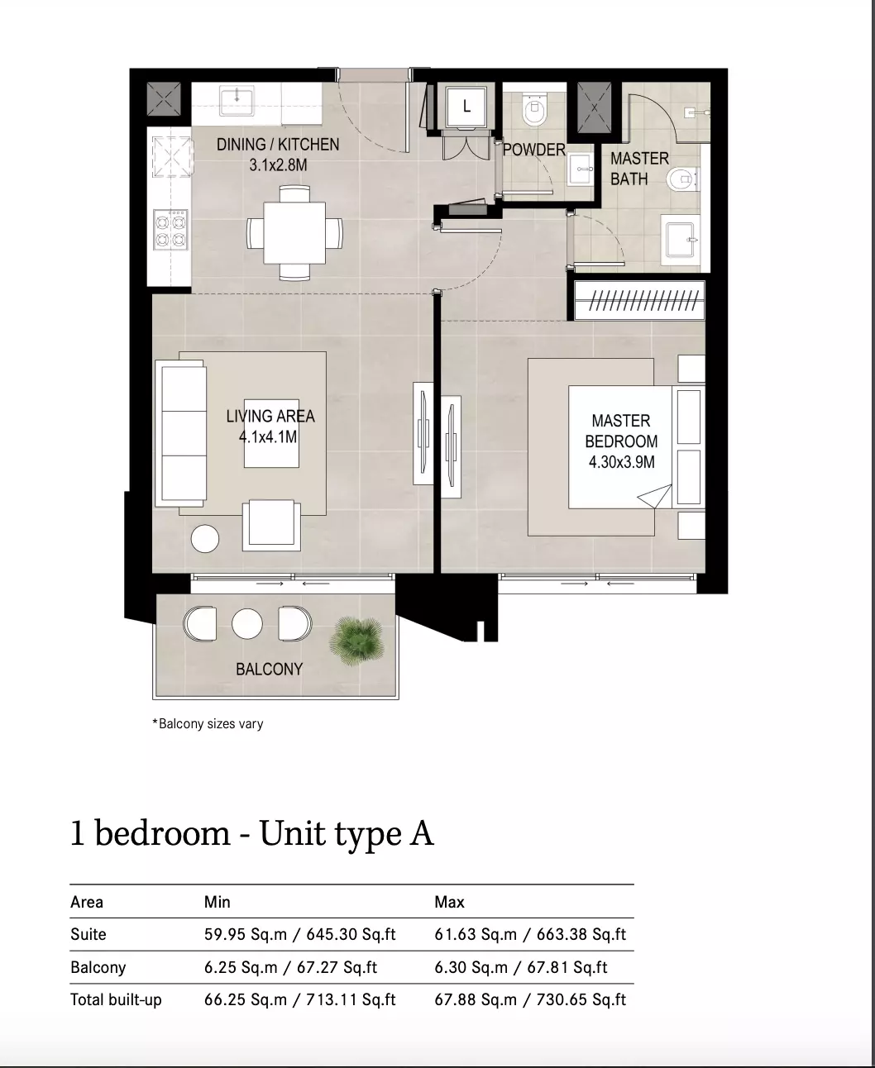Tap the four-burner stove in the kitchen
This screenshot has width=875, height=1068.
pos(170,230)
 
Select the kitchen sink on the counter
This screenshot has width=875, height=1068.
pos(237,101)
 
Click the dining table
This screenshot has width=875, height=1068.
pos(294,232)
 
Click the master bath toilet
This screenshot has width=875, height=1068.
pos(682,179)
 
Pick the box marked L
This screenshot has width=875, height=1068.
pos(466,107)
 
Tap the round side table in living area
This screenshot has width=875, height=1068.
pos(205,538)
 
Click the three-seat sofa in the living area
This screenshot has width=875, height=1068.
pos(181,433)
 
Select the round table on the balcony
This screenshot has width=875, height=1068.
pos(247,623)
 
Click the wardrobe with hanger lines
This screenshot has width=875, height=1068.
pos(640,301)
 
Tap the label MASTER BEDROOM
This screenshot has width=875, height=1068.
pos(621,431)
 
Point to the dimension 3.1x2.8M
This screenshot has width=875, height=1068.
pos(278,165)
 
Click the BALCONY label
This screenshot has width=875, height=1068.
pos(269,670)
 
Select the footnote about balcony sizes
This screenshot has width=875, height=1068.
pos(208,723)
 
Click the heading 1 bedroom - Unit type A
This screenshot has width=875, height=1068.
pos(251,833)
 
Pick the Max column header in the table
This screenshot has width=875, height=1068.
pos(449,902)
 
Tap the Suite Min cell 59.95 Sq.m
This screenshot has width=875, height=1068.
pos(246,934)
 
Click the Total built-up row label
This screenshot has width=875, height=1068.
pos(116,999)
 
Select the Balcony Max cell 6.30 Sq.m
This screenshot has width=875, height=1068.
pos(471,967)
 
